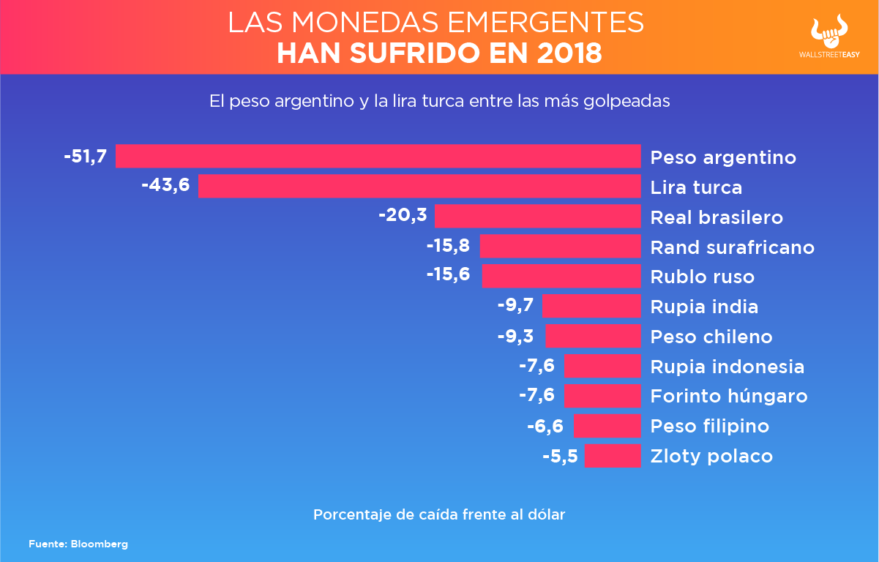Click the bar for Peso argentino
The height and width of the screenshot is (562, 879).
coord(378,157)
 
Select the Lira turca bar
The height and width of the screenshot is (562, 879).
coord(419,187)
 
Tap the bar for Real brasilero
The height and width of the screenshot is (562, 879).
coord(537,217)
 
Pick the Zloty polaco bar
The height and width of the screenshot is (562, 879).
coord(613,456)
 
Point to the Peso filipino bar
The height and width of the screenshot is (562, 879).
coord(607,426)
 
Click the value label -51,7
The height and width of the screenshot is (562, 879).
coord(86,157)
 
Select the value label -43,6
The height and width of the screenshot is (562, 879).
coord(165,186)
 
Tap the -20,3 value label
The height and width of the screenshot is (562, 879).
coord(403,216)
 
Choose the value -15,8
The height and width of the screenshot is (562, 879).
coord(447,246)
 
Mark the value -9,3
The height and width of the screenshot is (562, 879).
coord(515,336)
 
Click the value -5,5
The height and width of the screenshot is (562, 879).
coord(560,456)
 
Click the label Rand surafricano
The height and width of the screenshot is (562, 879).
coord(732,247)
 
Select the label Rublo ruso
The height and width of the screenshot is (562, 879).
coord(702,277)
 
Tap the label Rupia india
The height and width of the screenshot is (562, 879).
coord(704,307)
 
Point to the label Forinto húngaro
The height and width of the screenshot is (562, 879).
coord(729,397)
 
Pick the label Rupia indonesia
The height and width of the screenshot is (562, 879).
coord(727,367)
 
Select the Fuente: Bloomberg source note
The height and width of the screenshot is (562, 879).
coord(78,544)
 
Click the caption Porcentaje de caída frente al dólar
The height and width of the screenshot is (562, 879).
coord(439,514)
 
